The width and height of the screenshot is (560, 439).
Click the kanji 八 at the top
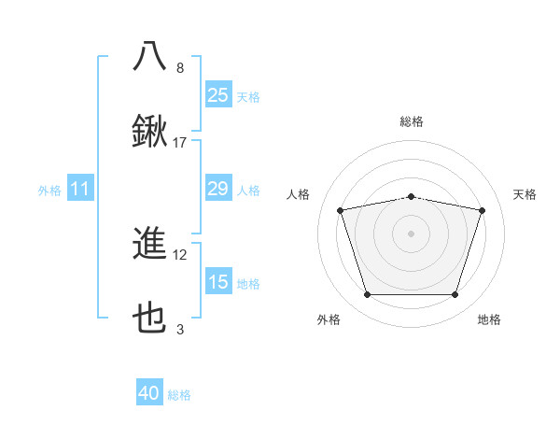150,55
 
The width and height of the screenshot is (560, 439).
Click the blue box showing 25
217,94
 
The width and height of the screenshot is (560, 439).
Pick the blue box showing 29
217,190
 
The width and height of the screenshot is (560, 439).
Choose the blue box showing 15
217,282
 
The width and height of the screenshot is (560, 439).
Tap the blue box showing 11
80,190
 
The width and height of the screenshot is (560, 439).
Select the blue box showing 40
149,394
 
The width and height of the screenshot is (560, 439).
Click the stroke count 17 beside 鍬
180,143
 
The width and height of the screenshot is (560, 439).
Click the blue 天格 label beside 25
248,96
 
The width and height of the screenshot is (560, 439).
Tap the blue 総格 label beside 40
179,395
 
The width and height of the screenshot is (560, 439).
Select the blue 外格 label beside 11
49,191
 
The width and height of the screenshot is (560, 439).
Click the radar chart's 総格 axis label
412,121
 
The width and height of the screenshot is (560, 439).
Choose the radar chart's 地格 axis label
489,319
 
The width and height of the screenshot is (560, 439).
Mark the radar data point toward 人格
341,210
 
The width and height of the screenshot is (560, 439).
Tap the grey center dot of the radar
412,234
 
